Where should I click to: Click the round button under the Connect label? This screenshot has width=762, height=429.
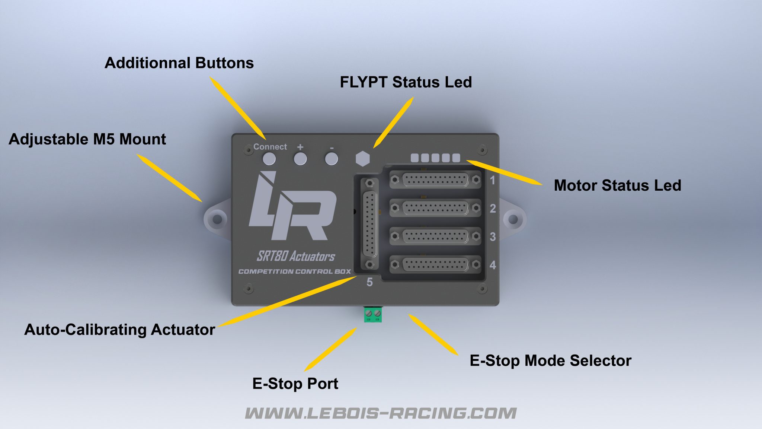pos(269,159)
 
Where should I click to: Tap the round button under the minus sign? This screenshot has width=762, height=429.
pos(331,159)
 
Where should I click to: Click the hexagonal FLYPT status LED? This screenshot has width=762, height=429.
pos(362,159)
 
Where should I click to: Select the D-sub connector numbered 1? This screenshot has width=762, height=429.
pos(435,180)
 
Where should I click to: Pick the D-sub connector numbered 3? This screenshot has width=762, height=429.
pos(435,236)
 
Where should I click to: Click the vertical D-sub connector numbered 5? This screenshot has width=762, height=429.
pos(369,224)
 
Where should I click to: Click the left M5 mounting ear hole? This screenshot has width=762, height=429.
pos(217,219)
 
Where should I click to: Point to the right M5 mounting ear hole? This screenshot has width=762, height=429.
pos(513,219)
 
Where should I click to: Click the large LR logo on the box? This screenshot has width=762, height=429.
pos(292,207)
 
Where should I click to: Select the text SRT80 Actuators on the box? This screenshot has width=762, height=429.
pos(296,256)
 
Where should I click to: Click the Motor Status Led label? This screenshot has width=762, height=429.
pos(617,185)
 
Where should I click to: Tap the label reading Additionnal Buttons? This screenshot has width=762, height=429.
pos(179,63)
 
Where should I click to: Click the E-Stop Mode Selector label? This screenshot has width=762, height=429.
pos(550,360)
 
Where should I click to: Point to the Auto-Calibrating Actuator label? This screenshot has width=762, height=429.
pos(119,330)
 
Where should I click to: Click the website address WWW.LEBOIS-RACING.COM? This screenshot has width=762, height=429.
pos(381,413)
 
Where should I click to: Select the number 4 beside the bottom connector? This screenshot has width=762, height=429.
pos(493,265)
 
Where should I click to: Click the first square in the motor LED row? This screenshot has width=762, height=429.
pos(414,158)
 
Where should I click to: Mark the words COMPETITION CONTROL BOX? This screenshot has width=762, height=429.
pos(294,271)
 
